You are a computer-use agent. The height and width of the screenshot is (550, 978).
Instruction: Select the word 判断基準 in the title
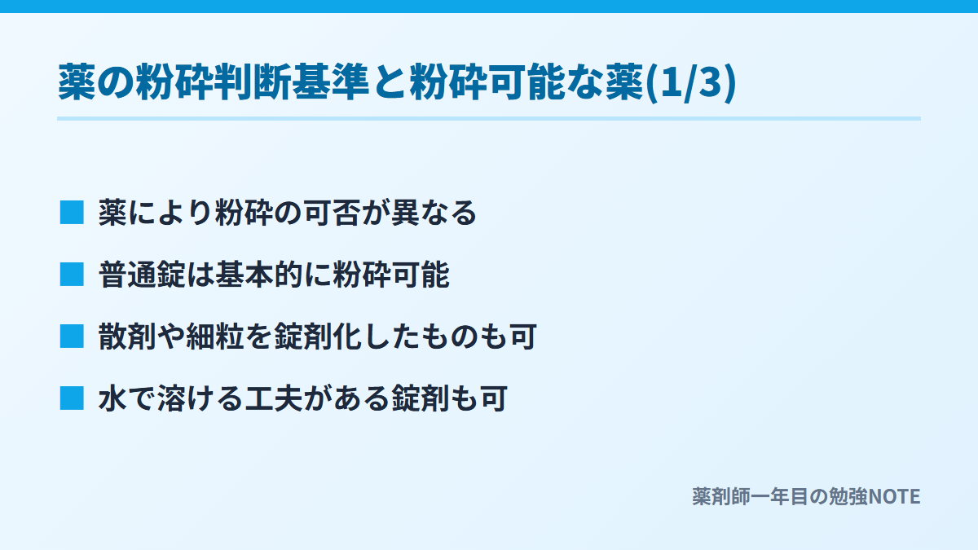[292, 82]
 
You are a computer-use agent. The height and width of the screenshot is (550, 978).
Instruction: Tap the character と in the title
[390, 82]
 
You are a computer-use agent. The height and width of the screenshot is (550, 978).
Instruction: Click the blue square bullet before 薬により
[72, 213]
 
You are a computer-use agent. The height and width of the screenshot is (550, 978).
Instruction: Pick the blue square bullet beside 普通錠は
[72, 275]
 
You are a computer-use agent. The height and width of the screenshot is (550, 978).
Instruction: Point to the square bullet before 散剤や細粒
[72, 337]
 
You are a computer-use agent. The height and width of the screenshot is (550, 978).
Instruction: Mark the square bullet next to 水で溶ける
[72, 398]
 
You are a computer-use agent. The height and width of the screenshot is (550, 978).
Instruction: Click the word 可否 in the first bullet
[333, 213]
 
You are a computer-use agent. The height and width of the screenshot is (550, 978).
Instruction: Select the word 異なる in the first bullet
[434, 213]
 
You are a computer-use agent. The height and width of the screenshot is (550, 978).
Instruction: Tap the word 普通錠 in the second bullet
[143, 275]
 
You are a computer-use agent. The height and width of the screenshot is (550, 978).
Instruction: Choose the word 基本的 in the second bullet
[259, 275]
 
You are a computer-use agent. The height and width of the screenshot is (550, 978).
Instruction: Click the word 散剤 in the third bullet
[127, 337]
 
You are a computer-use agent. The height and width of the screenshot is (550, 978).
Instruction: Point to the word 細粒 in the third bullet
[215, 337]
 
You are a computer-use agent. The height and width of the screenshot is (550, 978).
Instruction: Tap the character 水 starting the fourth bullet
[113, 398]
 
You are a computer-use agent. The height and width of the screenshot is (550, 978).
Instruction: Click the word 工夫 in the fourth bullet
[274, 398]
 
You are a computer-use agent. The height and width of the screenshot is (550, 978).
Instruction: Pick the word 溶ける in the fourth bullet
[200, 398]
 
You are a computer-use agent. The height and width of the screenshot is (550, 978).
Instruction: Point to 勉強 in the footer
[848, 497]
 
